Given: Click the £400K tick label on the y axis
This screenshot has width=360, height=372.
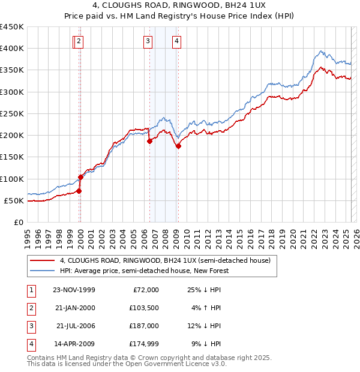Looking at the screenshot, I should click(12, 49).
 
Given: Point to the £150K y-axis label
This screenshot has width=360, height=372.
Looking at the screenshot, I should click(12, 157).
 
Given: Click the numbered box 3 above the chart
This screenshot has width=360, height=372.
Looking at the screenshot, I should click(147, 41).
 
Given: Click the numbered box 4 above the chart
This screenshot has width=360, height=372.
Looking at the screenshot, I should click(178, 41).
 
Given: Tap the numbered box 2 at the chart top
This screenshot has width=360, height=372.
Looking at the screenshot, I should click(79, 41).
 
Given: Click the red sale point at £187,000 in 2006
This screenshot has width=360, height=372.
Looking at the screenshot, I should click(150, 142).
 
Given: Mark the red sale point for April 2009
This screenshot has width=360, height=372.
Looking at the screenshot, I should click(178, 146).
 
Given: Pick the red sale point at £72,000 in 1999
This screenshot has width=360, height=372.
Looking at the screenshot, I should click(79, 191).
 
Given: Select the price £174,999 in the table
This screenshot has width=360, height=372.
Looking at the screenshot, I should click(142, 344).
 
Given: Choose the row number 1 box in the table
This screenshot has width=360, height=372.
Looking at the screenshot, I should click(31, 290).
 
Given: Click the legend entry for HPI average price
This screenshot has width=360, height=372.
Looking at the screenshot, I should click(145, 271).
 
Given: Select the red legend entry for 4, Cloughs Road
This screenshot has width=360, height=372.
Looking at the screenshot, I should click(165, 260).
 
